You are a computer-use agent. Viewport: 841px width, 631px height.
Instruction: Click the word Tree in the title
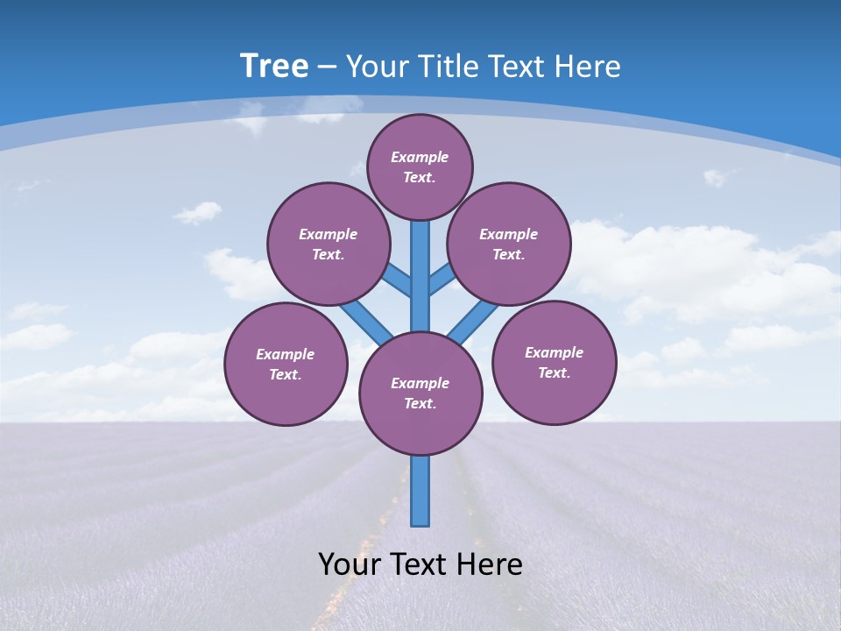[274, 66]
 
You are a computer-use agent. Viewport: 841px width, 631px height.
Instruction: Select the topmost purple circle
[420, 167]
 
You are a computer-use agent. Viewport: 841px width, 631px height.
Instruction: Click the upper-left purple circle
[328, 244]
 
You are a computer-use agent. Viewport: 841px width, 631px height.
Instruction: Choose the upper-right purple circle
[509, 244]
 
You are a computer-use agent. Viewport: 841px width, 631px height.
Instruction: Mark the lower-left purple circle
[286, 364]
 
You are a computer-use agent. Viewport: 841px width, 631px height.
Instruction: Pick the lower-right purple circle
[555, 362]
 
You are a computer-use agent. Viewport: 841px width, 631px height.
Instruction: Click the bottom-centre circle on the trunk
[420, 393]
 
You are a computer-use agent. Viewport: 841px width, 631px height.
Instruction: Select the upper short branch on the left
[399, 281]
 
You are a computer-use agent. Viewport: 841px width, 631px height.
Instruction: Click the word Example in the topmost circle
[420, 157]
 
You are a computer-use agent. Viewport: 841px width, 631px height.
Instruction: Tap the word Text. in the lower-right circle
[554, 372]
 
